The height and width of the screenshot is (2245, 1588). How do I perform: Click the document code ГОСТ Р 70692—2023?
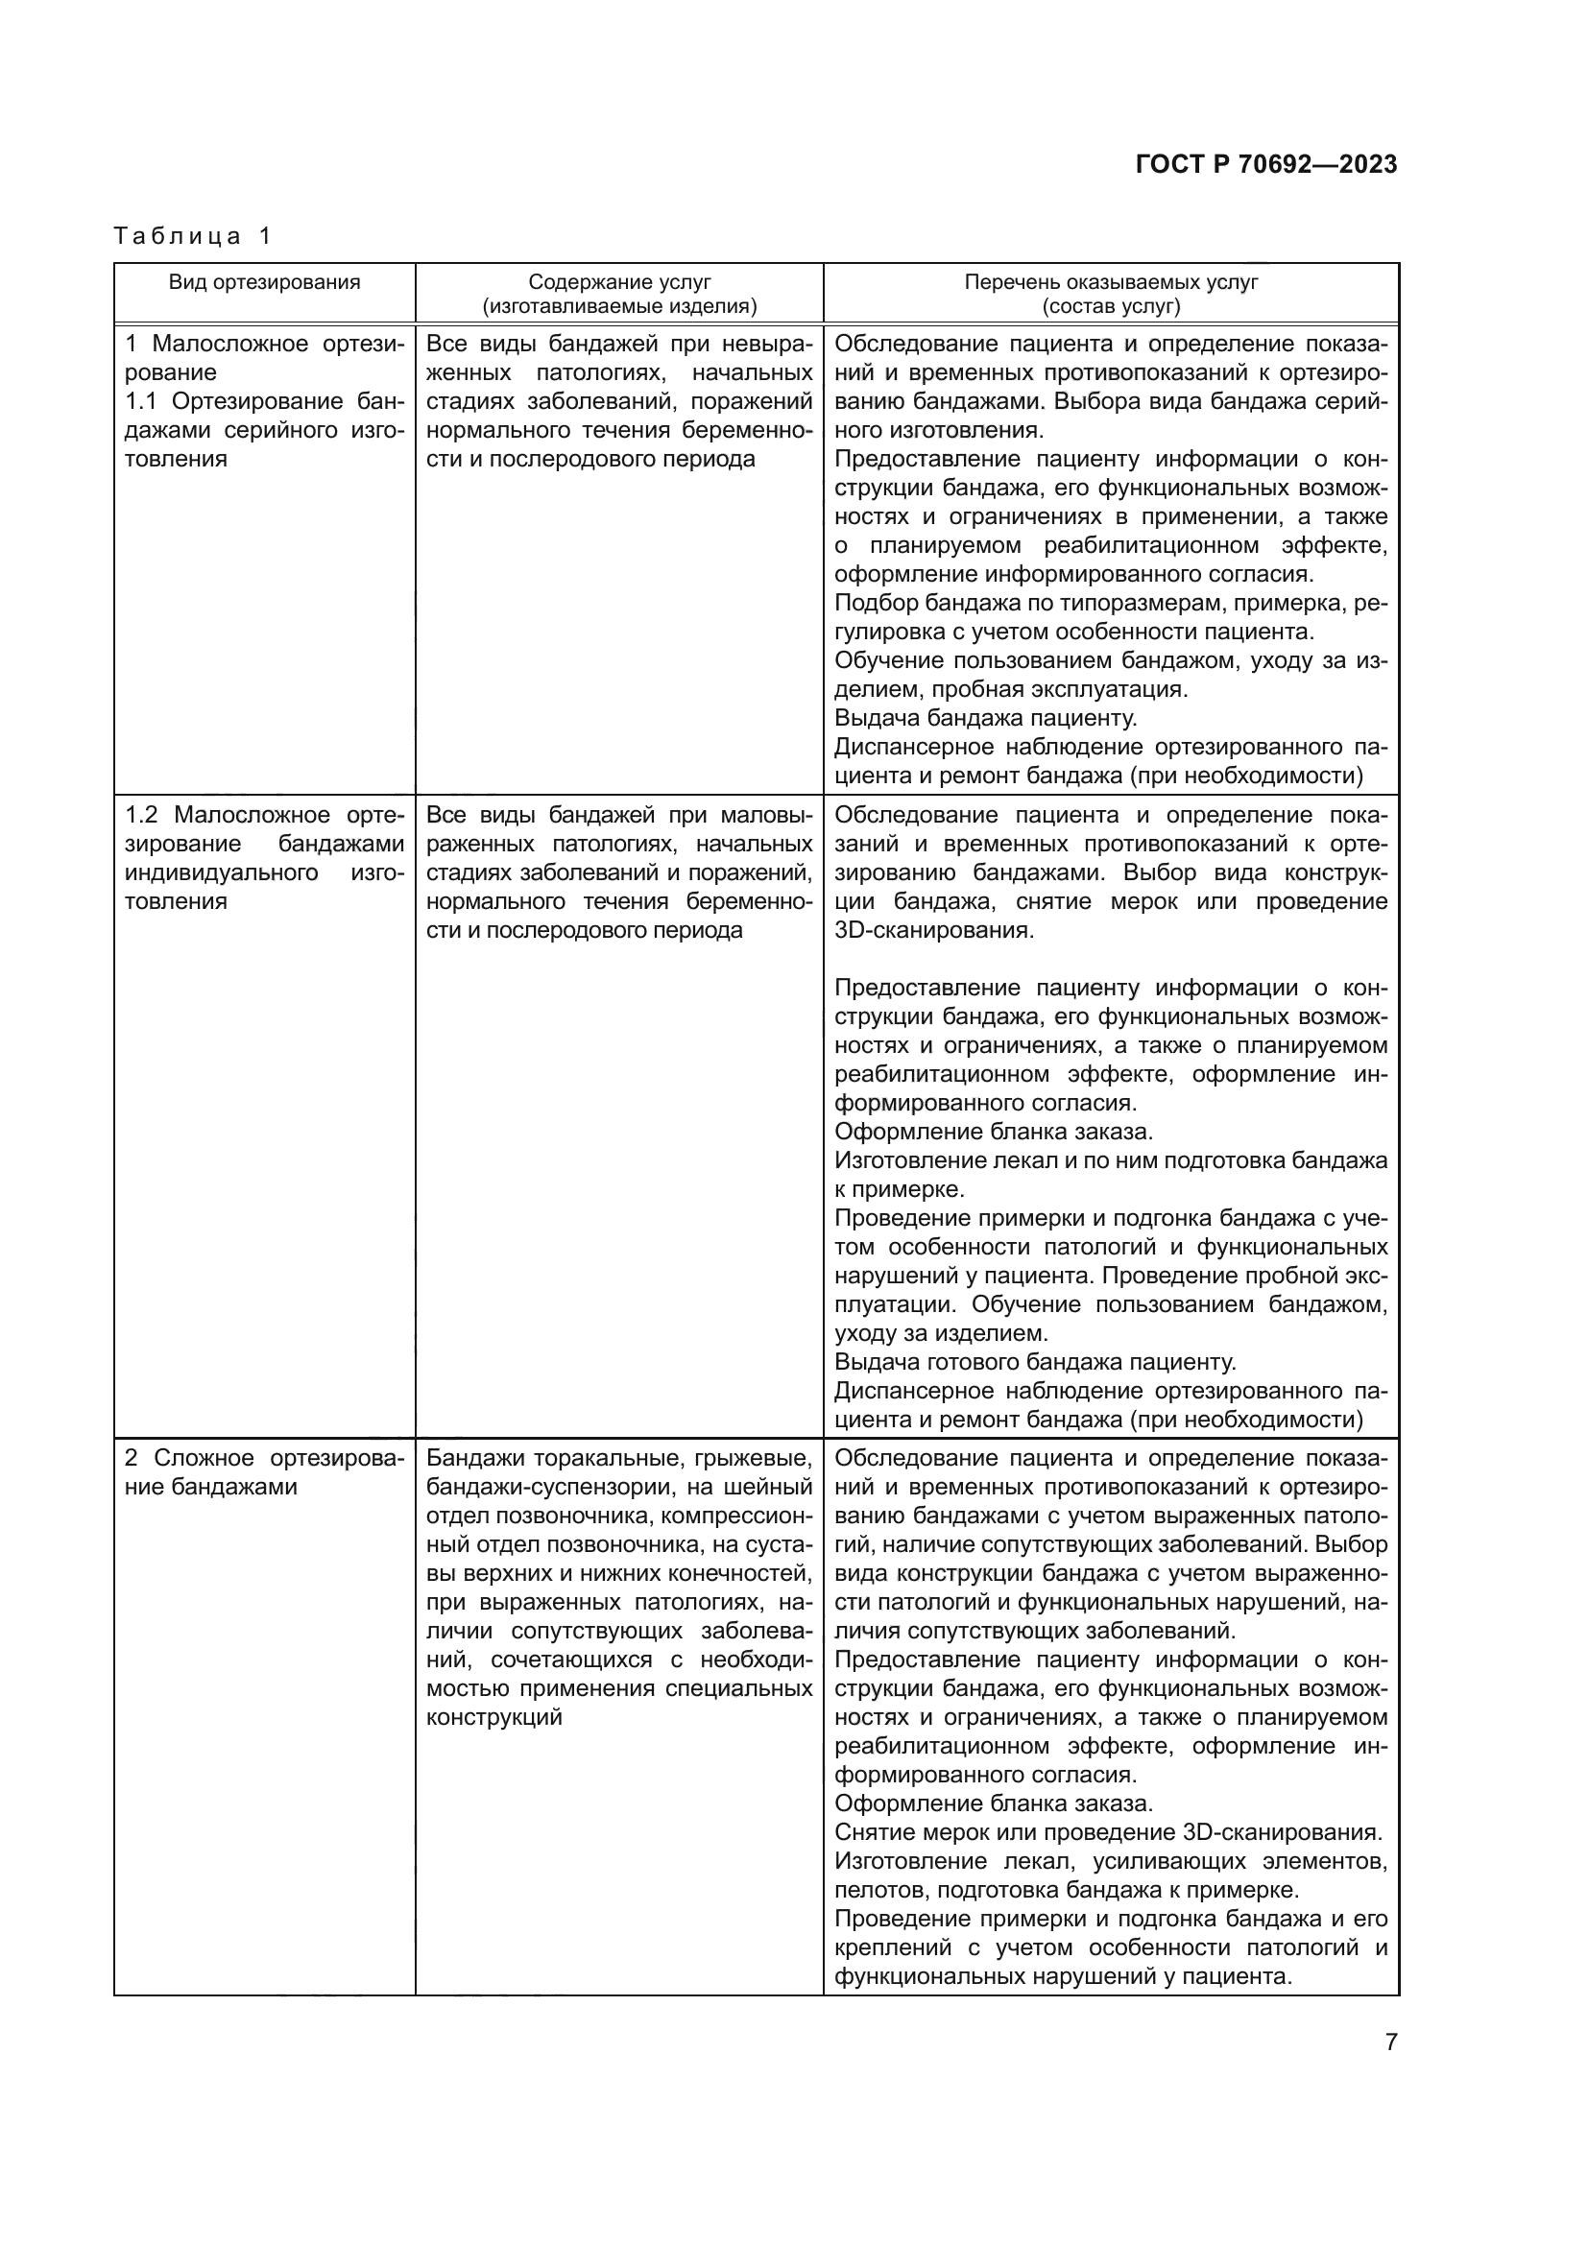coord(1266,164)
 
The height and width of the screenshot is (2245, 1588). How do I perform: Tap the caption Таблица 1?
coord(192,236)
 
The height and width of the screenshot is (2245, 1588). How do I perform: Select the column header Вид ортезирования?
coord(264,282)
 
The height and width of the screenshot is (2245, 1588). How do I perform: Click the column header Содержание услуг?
coord(620,282)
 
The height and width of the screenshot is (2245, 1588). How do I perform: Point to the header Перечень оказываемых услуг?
coord(1111,282)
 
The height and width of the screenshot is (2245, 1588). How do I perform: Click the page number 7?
coord(1390,2042)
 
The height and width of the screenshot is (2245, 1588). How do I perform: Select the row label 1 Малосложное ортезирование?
coord(264,358)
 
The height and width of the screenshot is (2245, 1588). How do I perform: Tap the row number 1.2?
coord(143,816)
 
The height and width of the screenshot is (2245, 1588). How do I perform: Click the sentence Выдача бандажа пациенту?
coord(986,719)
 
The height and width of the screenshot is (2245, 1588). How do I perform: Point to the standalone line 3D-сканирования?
coord(933,930)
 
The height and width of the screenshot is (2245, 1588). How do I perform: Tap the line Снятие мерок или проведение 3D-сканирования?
coord(1107,1831)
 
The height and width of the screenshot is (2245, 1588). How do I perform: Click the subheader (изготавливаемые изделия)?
coord(620,306)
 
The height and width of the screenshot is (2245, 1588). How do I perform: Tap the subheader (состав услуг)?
coord(1111,306)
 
